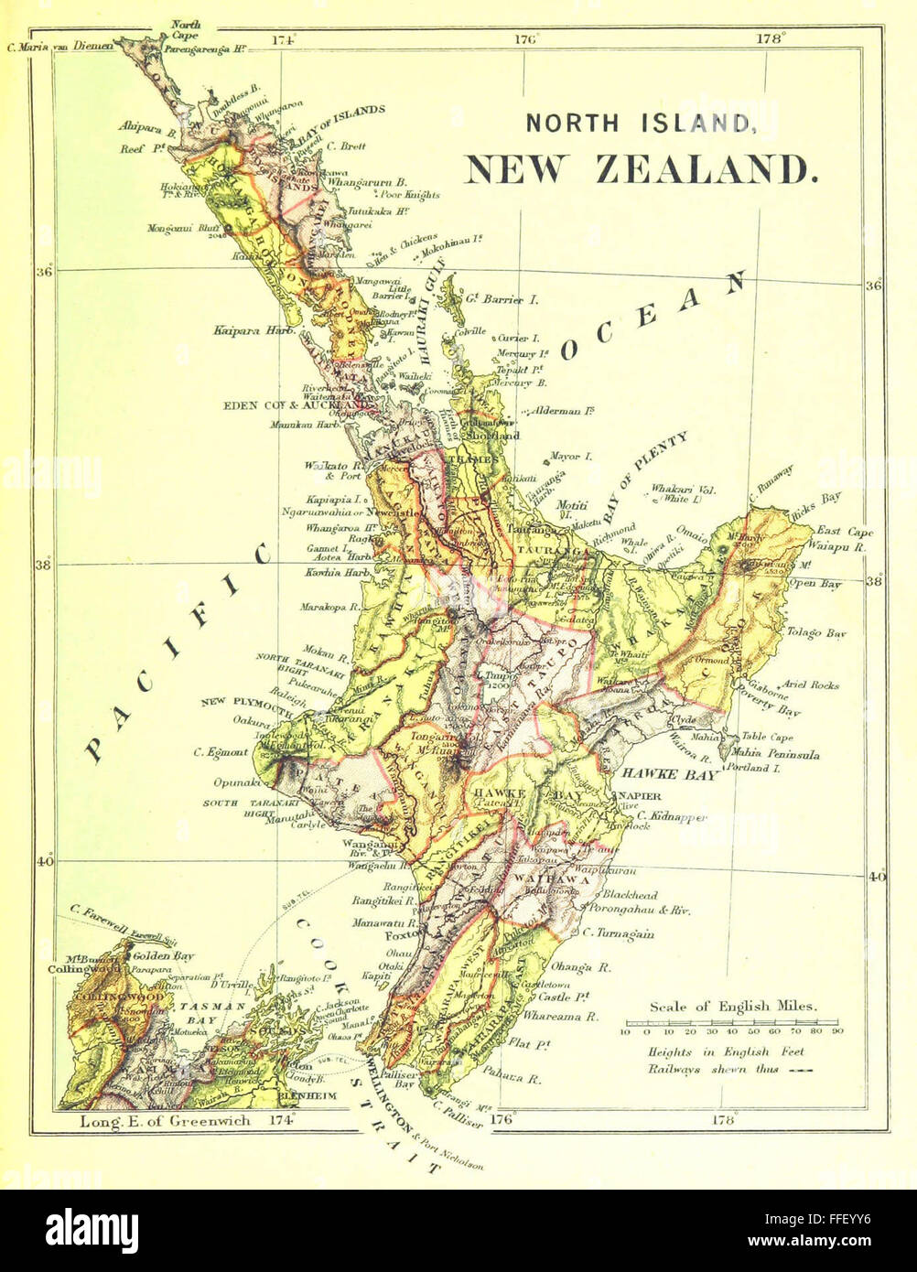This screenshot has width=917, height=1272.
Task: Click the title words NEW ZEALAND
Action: point(640,170)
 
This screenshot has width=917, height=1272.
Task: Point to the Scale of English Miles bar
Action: point(733,1021)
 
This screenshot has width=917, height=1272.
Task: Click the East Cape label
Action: point(845,531)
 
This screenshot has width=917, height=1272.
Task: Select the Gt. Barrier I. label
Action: point(495,299)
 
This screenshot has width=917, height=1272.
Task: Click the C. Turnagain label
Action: point(619,933)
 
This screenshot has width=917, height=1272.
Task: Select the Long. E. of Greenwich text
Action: point(165,1120)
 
